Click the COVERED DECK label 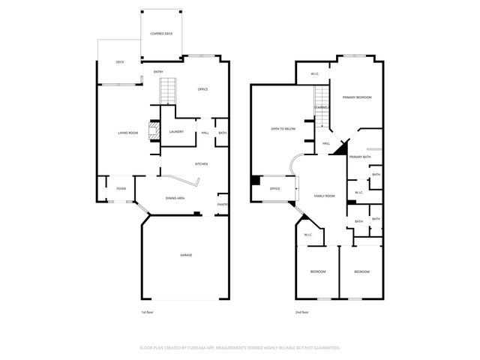point(161,34)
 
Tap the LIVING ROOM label point(127,133)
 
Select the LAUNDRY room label point(176,132)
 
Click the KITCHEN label point(201,164)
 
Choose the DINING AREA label point(175,198)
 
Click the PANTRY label point(223,204)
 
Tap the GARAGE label point(185,255)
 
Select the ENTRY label point(158,72)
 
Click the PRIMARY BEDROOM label point(358,97)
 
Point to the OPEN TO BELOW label point(283,129)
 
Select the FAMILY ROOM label point(324,195)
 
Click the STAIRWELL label point(322,107)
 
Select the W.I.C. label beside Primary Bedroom point(316,73)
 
